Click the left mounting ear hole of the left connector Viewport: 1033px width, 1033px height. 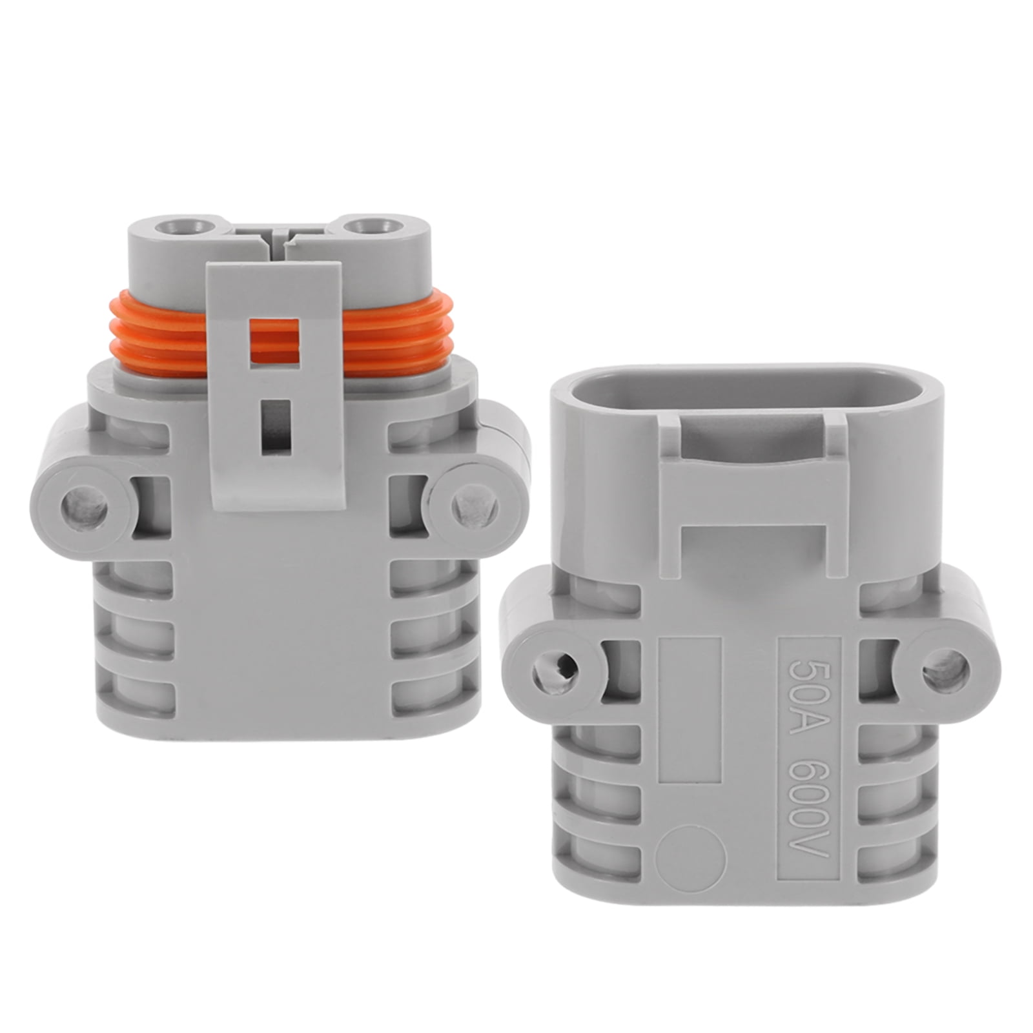pos(85,504)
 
